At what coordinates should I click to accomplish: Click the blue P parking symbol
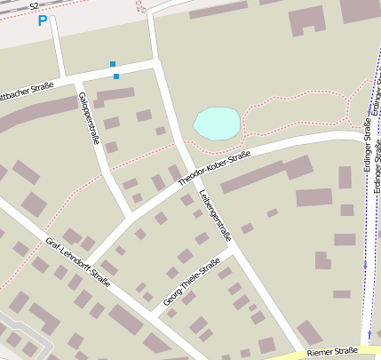(42, 20)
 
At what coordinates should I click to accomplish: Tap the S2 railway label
(34, 6)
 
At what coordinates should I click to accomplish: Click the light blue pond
(217, 123)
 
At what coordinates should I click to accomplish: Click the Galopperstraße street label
(89, 117)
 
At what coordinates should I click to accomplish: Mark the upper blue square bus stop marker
(112, 64)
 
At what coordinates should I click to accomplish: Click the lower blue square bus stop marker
(116, 76)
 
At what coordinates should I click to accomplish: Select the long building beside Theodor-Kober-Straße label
(266, 173)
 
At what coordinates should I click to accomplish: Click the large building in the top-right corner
(360, 11)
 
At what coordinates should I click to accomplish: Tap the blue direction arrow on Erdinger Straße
(364, 264)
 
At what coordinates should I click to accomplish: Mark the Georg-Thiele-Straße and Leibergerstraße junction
(233, 252)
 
